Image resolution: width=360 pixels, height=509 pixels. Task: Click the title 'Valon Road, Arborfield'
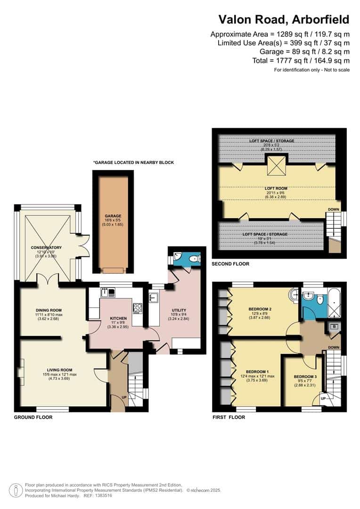[284, 19]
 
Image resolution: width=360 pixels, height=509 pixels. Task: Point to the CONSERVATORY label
[46, 247]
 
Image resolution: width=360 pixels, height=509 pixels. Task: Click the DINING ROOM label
[49, 310]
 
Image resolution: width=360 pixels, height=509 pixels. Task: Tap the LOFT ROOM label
[276, 189]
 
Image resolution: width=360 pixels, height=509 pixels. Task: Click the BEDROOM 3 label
[305, 377]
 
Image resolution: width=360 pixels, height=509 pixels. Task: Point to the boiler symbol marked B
[334, 327]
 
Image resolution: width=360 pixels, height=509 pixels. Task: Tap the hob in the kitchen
[138, 308]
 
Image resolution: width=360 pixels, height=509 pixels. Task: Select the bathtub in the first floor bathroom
[335, 300]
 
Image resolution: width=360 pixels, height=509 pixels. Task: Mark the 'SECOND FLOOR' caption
[230, 264]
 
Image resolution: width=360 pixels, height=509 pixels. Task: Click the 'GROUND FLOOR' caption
[33, 417]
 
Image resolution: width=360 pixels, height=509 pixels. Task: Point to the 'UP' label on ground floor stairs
[124, 398]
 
